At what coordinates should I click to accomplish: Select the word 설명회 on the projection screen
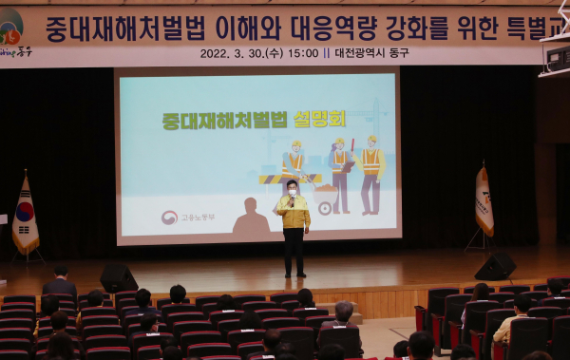click(x=318, y=120)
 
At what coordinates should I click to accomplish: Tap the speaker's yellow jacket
click(x=294, y=213)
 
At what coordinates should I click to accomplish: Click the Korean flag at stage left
click(x=26, y=217)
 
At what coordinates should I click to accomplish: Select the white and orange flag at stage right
click(x=484, y=201)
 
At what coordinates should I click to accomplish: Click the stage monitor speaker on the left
click(x=118, y=277)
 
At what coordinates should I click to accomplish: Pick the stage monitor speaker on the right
click(x=495, y=266)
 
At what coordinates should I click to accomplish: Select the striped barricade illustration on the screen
click(x=276, y=178)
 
